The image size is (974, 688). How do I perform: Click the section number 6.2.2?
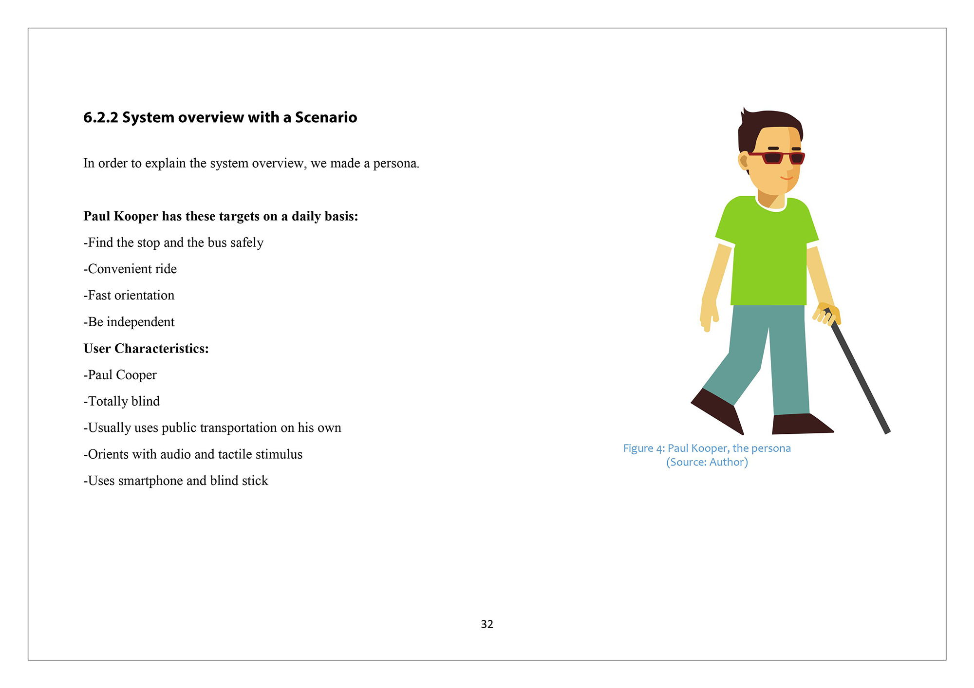pos(101,117)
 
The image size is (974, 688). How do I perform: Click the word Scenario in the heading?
pos(326,117)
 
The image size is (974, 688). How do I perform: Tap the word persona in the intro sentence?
pos(395,163)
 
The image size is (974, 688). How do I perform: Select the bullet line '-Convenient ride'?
pos(130,269)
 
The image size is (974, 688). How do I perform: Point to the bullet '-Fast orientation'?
pos(129,295)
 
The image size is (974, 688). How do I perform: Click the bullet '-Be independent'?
pos(129,322)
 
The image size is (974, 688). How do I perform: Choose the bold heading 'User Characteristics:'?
pos(146,349)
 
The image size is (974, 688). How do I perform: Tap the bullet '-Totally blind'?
pos(121,401)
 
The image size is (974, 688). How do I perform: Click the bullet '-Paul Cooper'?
pos(120,375)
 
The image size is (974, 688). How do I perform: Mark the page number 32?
pos(487,624)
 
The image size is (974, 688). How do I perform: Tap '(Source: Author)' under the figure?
pos(707,462)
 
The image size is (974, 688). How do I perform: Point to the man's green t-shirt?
pos(768,253)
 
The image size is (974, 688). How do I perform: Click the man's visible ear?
pos(744,160)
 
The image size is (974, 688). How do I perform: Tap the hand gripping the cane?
pos(827,314)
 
